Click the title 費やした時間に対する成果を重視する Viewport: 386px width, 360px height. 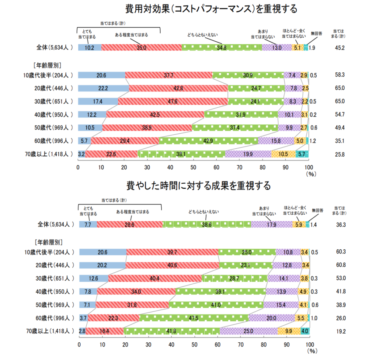point(199,186)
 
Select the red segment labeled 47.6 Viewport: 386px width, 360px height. point(173,102)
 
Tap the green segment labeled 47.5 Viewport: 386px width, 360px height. point(194,318)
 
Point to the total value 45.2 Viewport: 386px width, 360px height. point(340,47)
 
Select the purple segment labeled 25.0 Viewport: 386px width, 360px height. point(249,331)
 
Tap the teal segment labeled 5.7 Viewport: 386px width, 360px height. point(302,154)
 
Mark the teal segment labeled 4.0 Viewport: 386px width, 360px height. point(305,331)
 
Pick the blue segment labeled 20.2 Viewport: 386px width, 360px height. point(102,265)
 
